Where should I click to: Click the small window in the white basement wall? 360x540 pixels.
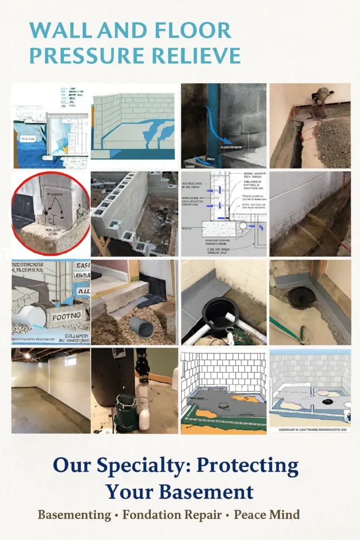[70, 361]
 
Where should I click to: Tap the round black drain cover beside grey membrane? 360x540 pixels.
[302, 297]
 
